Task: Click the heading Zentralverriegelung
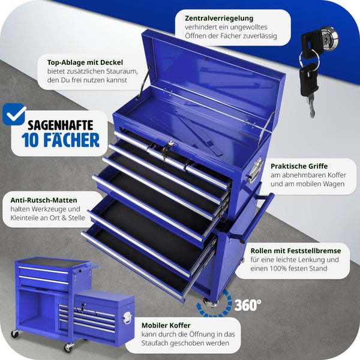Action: [x=219, y=19]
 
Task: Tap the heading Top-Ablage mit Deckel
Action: [x=85, y=62]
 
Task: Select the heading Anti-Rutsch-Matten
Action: [x=44, y=200]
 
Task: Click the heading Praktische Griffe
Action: [x=299, y=166]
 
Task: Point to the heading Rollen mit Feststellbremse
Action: [x=296, y=251]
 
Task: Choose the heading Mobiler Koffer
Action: [x=166, y=326]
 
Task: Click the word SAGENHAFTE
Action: [x=61, y=125]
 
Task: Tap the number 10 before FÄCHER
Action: [x=30, y=140]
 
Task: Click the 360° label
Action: [x=248, y=305]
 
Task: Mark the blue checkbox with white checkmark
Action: [x=14, y=114]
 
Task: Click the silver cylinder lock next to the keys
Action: [x=329, y=37]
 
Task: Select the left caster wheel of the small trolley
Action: [x=15, y=334]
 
